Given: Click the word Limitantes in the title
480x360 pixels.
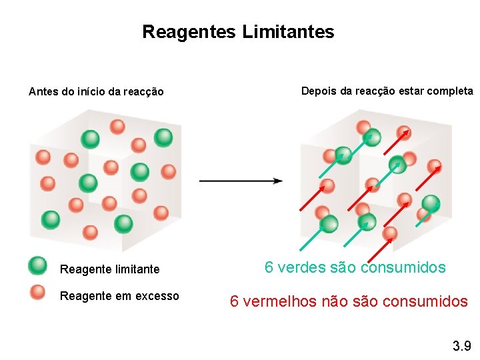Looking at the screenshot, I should tap(289, 32).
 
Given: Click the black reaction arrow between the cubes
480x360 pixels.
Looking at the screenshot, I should tap(241, 180).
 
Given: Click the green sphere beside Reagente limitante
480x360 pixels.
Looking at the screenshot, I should tap(38, 266).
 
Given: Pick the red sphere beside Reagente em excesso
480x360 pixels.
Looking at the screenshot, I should tap(38, 292).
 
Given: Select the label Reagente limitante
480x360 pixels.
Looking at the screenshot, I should tap(110, 269).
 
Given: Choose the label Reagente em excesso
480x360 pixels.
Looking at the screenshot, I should tap(119, 296).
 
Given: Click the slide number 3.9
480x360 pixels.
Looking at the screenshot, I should tap(461, 346).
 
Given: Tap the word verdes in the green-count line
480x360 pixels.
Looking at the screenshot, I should tap(301, 268).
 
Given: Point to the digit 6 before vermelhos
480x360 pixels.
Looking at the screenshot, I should tap(235, 301).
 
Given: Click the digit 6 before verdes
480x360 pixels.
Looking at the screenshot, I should tap(269, 268).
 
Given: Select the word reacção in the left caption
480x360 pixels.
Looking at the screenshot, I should tap(140, 91).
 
